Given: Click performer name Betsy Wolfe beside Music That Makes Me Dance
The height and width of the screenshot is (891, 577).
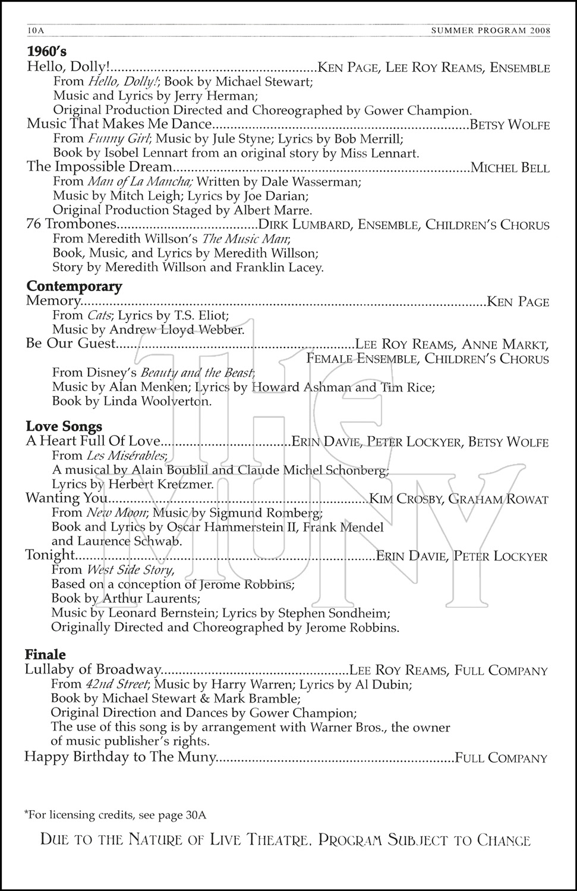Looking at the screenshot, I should point(509,125).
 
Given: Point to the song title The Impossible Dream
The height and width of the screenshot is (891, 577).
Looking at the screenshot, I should point(99,167).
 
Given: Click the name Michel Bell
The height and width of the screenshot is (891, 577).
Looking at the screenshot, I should point(510,168).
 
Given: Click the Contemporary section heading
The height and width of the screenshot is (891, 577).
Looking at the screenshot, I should point(74,286).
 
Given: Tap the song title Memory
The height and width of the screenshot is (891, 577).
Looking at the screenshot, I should point(53,301).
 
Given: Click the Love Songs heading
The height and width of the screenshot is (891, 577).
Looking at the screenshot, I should point(64,426).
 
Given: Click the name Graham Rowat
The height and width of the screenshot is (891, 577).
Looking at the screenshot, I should point(498,499).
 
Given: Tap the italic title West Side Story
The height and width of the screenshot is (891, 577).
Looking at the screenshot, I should point(130,570).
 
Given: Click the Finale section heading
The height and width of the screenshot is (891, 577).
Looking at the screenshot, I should point(45,655).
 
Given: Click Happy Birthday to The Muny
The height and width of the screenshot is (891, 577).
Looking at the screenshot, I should point(119,757).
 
